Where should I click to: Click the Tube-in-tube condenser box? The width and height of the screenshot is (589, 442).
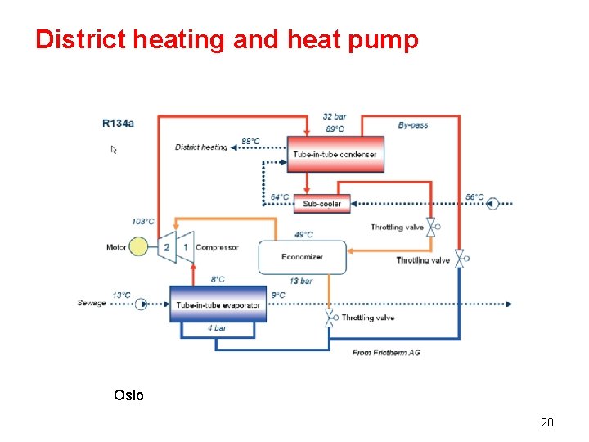(335, 154)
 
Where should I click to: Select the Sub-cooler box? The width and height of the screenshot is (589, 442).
(322, 204)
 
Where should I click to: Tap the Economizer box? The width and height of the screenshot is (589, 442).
(302, 257)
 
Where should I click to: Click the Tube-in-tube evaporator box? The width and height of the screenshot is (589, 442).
(218, 304)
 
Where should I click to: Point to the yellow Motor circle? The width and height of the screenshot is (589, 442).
(140, 247)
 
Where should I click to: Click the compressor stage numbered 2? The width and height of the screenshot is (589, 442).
(167, 247)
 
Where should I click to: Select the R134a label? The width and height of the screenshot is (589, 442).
(119, 124)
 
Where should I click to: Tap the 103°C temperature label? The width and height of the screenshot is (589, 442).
(143, 222)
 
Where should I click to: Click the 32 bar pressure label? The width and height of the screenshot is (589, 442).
(335, 117)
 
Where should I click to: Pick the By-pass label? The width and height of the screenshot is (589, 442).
(413, 125)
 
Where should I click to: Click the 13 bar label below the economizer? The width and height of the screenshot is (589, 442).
(301, 281)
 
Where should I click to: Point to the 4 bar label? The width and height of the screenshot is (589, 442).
(217, 328)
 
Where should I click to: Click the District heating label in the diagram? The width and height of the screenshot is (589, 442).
(201, 147)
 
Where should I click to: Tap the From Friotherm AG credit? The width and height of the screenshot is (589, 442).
(386, 352)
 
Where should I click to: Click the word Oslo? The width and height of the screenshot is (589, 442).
(129, 395)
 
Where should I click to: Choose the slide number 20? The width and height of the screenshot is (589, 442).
(547, 422)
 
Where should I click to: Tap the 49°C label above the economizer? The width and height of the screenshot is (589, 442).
(303, 235)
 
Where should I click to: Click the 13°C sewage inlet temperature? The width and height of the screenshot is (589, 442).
(121, 295)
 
